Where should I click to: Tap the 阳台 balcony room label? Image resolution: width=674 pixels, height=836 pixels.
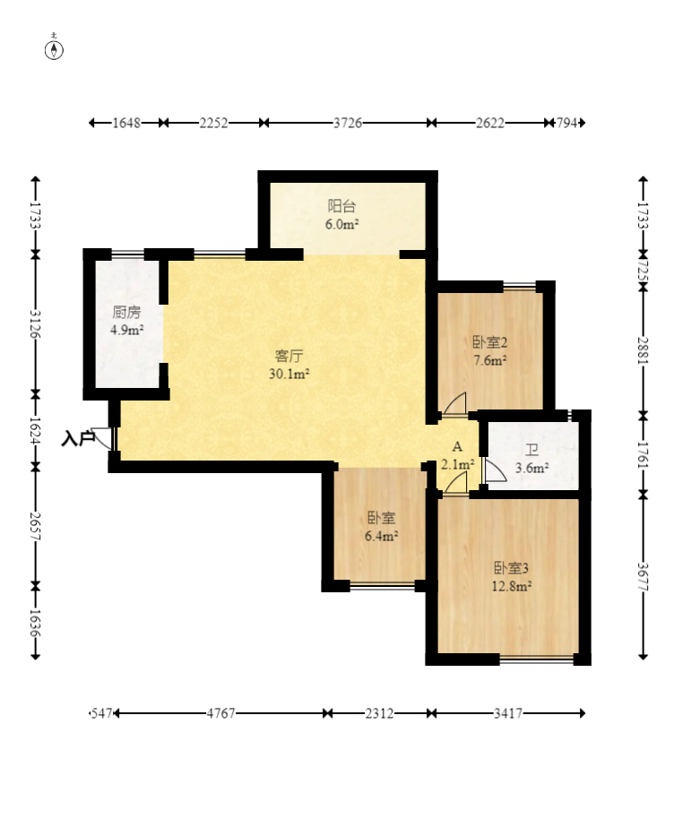[341, 205]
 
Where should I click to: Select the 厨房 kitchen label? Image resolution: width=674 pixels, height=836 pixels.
[126, 311]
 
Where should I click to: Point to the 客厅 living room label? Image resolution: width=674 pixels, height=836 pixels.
[289, 356]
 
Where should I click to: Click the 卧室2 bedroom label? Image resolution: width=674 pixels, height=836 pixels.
[489, 341]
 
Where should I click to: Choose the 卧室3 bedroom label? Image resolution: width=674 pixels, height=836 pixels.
[511, 568]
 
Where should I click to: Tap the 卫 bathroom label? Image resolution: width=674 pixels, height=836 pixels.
[531, 451]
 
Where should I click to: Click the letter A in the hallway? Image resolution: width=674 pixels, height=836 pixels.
[457, 447]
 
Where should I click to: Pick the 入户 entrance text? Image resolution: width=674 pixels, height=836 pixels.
[78, 439]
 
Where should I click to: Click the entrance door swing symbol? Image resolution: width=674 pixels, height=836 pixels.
[102, 437]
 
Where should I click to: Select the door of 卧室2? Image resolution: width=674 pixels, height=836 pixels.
[454, 403]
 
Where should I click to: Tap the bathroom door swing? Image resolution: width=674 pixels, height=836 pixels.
[495, 470]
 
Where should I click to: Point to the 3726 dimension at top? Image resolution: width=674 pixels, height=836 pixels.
[348, 123]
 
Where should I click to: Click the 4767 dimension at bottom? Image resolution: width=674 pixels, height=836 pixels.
[220, 713]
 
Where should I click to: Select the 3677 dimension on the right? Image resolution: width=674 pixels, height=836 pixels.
[643, 577]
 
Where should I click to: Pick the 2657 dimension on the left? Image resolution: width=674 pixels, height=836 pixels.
[35, 526]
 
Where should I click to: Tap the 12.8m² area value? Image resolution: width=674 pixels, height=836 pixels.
[511, 587]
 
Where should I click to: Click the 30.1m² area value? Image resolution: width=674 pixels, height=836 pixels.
[289, 374]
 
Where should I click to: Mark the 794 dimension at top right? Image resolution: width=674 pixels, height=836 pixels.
[566, 123]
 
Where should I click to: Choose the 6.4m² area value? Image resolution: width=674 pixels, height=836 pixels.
[381, 536]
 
